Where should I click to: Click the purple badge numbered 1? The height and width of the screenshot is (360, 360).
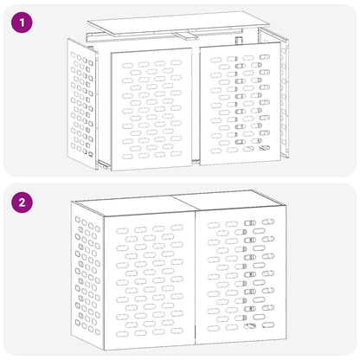[x=22, y=22]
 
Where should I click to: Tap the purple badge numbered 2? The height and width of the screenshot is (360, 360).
[x=22, y=202]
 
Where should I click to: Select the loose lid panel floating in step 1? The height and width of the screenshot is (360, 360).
[x=179, y=23]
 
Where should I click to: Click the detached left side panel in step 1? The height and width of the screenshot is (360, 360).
[x=81, y=104]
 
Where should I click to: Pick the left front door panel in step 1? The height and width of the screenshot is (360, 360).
[x=151, y=109]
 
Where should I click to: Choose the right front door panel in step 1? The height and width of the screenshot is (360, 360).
[x=241, y=103]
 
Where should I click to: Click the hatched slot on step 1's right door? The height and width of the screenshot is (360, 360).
[x=264, y=148]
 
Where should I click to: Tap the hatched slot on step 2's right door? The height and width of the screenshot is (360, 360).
[x=250, y=326]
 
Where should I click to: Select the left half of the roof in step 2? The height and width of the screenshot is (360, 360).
[x=136, y=205]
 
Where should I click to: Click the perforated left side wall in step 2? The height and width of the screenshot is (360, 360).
[x=87, y=275]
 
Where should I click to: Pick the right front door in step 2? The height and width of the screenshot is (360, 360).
[x=241, y=275]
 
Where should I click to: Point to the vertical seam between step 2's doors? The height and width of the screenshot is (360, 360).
[x=196, y=278]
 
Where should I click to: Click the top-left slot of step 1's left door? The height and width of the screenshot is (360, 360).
[x=127, y=66]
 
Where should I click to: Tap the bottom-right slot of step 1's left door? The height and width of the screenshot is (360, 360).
[x=176, y=153]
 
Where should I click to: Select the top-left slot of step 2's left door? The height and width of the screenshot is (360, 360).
[x=122, y=231]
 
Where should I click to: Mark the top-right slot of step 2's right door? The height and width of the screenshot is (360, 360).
[x=268, y=222]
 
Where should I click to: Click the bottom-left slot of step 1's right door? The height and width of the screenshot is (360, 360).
[x=216, y=151]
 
